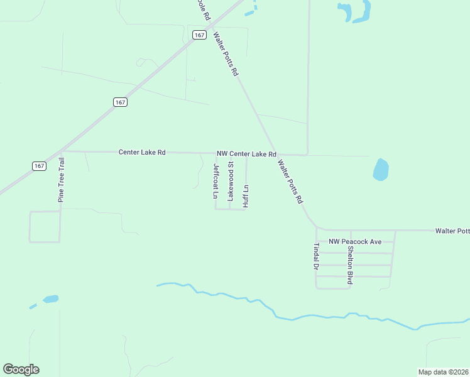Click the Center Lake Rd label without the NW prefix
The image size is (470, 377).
coord(141,152)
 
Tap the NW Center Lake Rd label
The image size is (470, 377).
coord(246,154)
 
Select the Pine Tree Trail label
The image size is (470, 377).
coord(62,179)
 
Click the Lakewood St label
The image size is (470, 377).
coord(231,181)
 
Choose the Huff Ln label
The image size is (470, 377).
coord(246,195)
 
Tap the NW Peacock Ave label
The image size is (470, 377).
coord(355,241)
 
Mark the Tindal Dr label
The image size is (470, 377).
coord(317,256)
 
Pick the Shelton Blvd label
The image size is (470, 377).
coord(349,265)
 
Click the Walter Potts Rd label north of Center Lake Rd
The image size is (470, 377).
coord(226,54)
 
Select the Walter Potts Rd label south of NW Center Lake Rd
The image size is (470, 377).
coord(291,182)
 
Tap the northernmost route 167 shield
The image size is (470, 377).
coord(199,35)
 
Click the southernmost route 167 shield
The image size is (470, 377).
coord(39,166)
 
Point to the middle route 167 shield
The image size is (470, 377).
coord(120,102)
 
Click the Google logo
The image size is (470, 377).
coord(21,369)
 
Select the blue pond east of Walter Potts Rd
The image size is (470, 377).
coord(381,169)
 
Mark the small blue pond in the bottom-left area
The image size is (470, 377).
coord(50,299)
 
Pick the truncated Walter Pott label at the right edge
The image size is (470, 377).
coord(452,231)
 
